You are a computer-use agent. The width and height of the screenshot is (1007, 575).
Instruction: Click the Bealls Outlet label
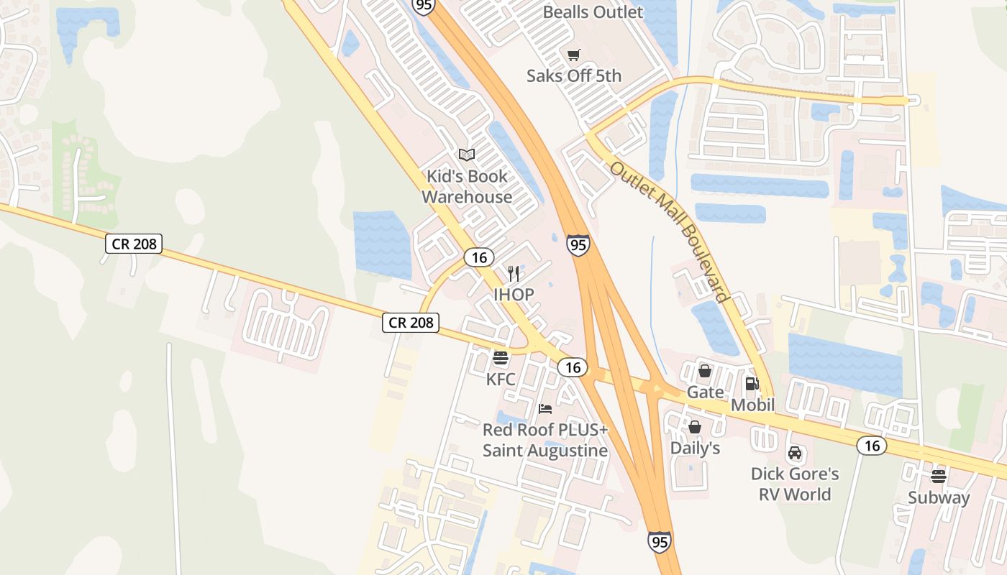[x=593, y=12]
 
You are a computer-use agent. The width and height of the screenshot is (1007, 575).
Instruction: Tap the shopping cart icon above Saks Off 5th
[x=573, y=55]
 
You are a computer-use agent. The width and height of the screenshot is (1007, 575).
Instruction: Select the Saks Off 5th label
[x=573, y=75]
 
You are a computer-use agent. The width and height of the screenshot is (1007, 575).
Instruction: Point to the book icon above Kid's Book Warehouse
[x=467, y=155]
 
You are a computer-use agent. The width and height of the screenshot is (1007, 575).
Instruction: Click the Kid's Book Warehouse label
[x=467, y=186]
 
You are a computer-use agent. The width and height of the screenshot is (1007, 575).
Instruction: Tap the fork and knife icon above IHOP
[x=514, y=274]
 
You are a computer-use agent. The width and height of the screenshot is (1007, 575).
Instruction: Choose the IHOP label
[x=514, y=295]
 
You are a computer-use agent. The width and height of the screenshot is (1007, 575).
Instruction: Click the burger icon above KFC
[x=500, y=357]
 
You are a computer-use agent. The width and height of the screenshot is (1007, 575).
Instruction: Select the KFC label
[x=500, y=378]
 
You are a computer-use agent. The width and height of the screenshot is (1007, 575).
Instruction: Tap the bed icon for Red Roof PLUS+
[x=545, y=409]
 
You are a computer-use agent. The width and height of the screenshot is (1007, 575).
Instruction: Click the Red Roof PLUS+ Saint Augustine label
[x=545, y=440]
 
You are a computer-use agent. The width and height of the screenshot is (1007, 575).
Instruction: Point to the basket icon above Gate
[x=705, y=371]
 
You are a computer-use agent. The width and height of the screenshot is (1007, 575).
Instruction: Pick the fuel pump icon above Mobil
[x=752, y=384]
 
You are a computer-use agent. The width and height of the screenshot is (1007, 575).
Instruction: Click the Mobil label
[x=752, y=405]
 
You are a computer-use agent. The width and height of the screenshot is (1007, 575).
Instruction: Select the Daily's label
[x=695, y=448]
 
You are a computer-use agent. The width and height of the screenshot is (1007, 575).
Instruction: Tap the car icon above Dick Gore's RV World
[x=795, y=453]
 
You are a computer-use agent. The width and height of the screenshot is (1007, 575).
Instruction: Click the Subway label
[x=938, y=497]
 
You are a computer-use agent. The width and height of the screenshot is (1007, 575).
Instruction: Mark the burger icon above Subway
[x=938, y=476]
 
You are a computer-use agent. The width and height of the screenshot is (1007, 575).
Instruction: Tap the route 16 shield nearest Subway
[x=871, y=446]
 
